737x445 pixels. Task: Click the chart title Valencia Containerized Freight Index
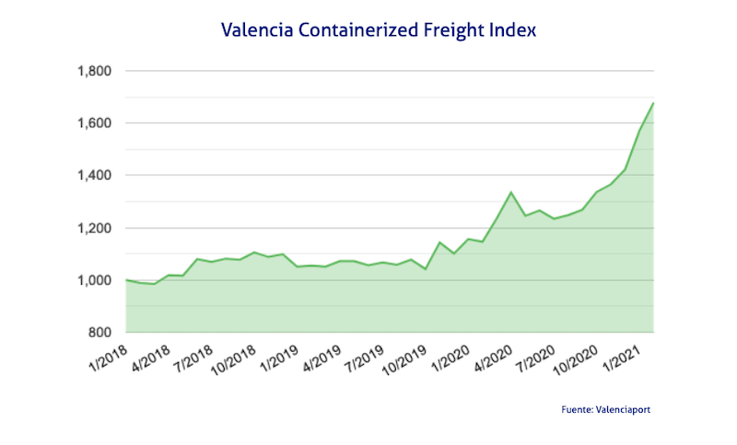click(x=379, y=29)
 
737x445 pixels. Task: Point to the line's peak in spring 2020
click(x=511, y=193)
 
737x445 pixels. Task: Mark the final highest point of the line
click(x=653, y=103)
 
